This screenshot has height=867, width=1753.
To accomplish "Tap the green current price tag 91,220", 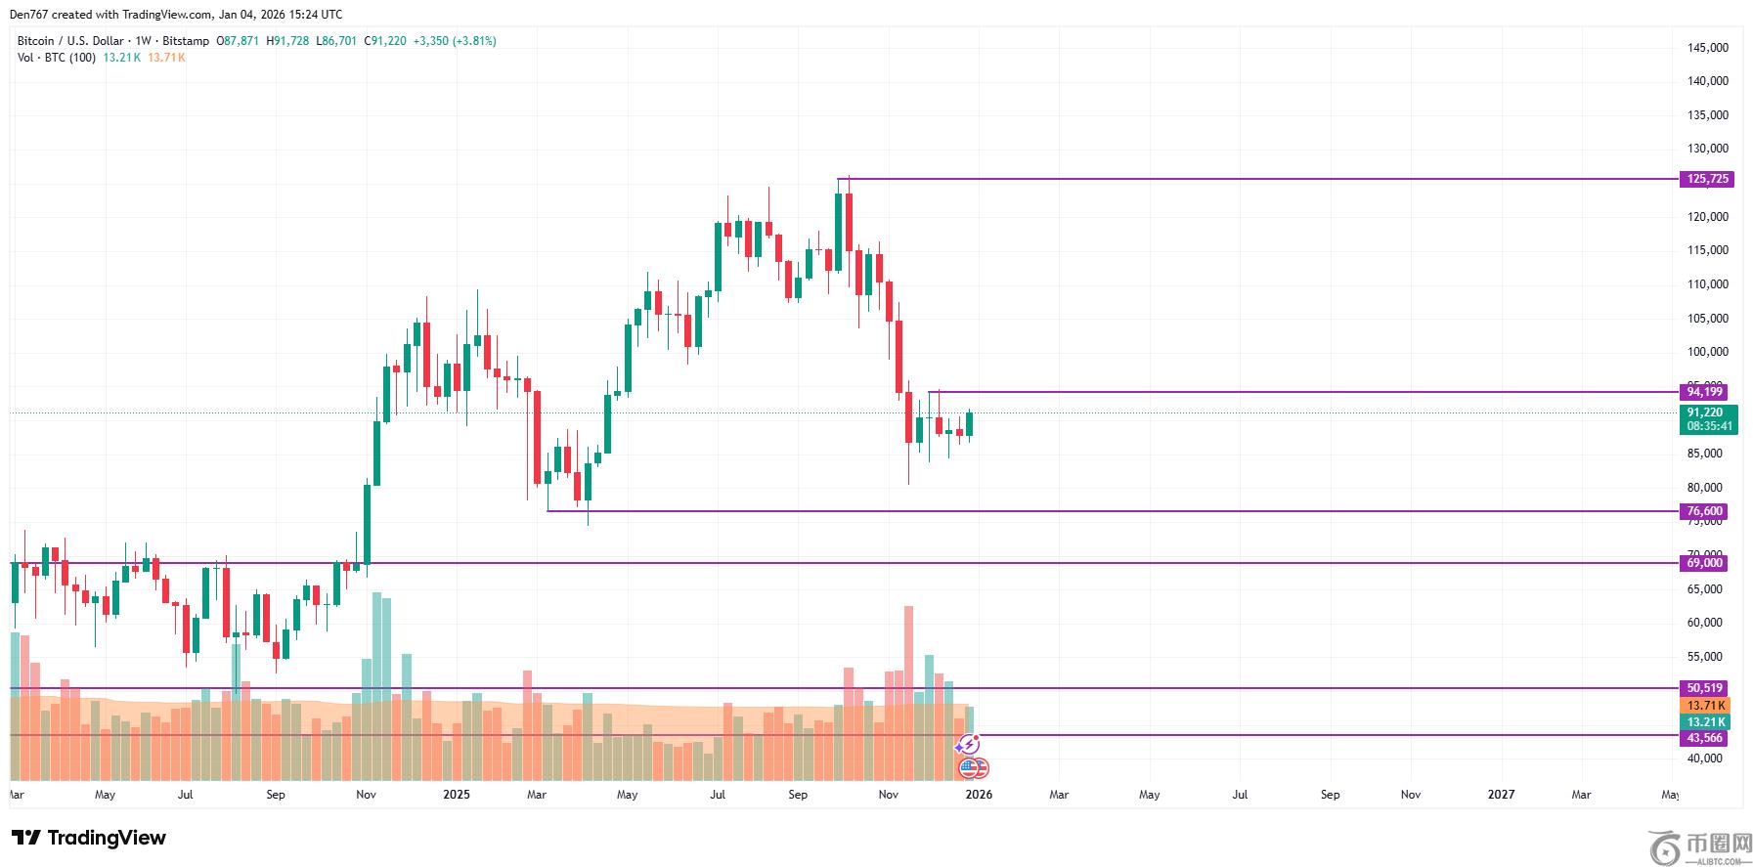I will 1708,412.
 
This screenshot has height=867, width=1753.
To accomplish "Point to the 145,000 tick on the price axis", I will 1707,48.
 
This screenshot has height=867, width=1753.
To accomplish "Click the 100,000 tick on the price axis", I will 1707,352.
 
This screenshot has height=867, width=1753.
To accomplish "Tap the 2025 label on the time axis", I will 457,795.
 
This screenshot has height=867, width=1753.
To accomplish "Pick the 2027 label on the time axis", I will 1501,795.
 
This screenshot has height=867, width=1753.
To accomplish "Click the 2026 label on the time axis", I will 979,795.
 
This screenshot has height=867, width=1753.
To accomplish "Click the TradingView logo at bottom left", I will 89,838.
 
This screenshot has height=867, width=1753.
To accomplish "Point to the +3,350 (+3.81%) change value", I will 455,41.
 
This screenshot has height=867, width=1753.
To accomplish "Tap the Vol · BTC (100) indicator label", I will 57,58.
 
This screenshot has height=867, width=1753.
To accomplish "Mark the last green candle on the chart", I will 970,423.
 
